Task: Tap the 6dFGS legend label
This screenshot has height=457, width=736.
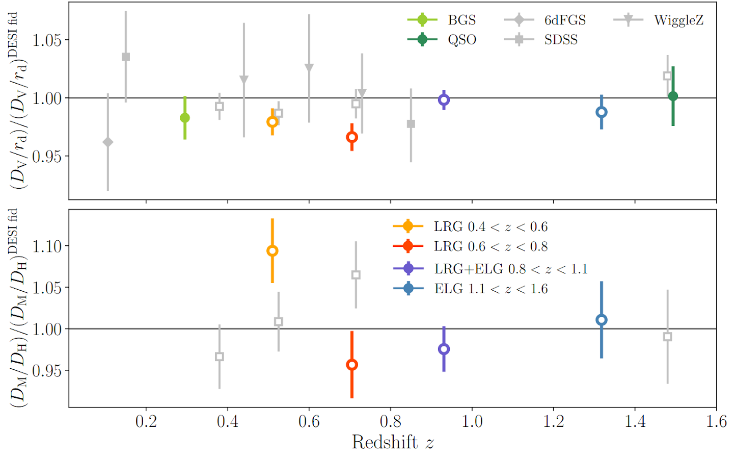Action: (564, 20)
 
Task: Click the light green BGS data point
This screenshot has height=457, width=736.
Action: (185, 118)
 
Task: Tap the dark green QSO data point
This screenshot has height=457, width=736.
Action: (673, 96)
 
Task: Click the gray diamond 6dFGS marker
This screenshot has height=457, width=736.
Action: (107, 142)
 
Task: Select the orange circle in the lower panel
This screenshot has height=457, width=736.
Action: (272, 251)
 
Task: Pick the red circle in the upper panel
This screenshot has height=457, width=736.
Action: (351, 137)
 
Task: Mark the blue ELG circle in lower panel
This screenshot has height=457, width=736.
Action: (602, 320)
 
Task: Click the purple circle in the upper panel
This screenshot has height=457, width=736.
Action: (444, 100)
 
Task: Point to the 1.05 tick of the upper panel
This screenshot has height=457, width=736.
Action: (47, 40)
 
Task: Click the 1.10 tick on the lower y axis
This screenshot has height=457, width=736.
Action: (47, 246)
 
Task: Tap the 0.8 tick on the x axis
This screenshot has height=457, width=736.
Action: (391, 422)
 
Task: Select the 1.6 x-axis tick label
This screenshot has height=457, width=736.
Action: (716, 422)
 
